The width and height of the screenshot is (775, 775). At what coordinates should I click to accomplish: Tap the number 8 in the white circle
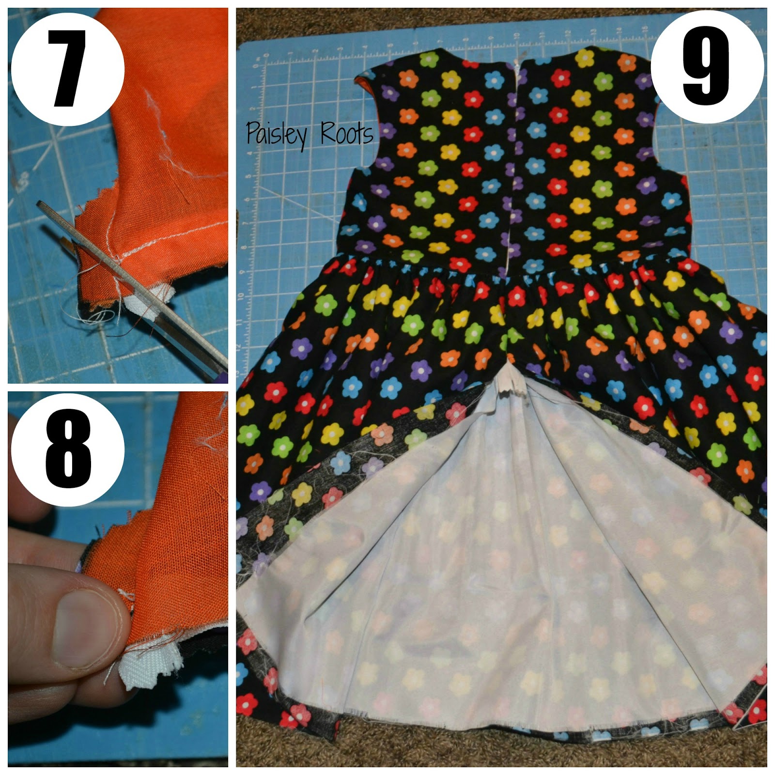(x=68, y=449)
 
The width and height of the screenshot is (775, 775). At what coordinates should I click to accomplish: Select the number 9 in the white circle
(x=706, y=66)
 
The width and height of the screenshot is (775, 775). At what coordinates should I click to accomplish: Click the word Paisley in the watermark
(x=276, y=133)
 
